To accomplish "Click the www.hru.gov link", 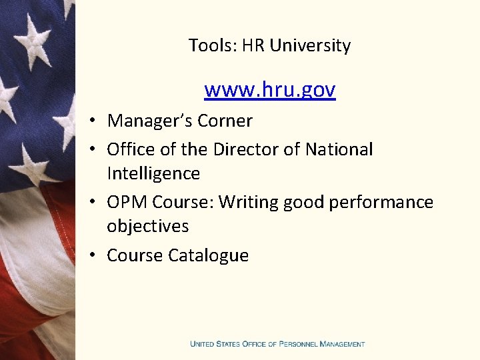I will pos(269,89).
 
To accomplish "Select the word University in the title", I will pos(310,46).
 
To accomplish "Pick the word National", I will pos(339,149).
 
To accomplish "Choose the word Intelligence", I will pos(153,173).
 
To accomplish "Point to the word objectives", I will pos(147,226).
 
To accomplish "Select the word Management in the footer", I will pos(342,344).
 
